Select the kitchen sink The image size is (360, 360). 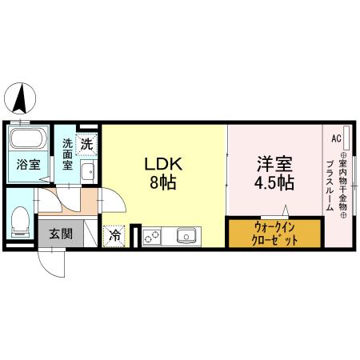tap(187, 236)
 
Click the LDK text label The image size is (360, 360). tap(164, 165)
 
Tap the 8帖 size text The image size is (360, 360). tap(164, 182)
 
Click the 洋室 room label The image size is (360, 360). tap(274, 163)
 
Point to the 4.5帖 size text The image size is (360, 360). tap(274, 182)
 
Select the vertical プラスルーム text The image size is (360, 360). tap(329, 186)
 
